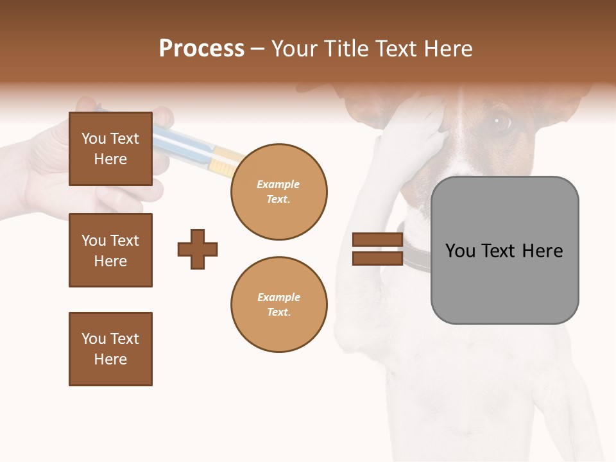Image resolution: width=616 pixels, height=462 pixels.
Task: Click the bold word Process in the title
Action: point(201,49)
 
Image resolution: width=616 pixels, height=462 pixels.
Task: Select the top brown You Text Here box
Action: point(110,149)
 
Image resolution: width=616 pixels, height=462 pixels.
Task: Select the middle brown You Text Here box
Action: point(110,250)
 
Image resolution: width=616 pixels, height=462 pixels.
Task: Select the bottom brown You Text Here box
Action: point(110,349)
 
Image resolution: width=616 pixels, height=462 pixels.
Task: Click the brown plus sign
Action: point(197,249)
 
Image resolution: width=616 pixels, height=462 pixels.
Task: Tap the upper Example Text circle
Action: point(278,192)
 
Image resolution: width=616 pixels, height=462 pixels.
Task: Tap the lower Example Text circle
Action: point(278,304)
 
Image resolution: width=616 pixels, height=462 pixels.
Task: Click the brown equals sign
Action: point(377,249)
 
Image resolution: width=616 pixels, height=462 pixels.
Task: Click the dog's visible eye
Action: point(499,121)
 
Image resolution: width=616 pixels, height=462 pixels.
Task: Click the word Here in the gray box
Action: point(542,251)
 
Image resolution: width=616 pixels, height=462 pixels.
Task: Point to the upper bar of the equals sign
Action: point(377,240)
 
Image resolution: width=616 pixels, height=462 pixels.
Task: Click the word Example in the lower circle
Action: point(278,297)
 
